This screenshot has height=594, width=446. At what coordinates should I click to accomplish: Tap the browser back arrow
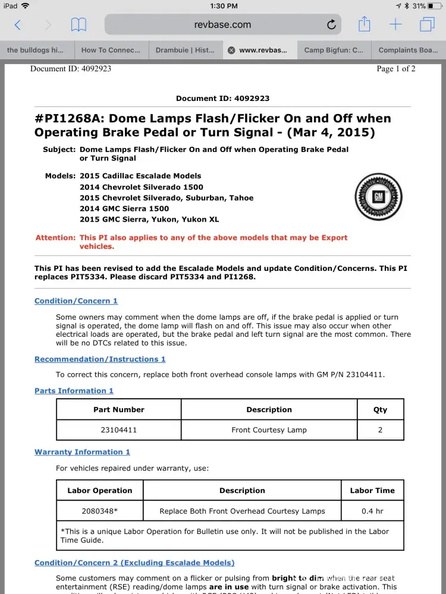(x=17, y=25)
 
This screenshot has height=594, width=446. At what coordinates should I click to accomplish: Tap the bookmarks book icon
(x=78, y=25)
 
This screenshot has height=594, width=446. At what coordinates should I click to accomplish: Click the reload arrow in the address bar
(x=331, y=25)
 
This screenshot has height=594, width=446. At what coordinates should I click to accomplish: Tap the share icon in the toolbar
(x=364, y=24)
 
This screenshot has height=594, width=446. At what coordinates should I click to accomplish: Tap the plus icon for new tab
(x=395, y=24)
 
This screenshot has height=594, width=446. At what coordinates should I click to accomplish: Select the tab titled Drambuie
(x=185, y=50)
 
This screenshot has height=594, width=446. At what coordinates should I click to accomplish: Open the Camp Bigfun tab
(x=334, y=50)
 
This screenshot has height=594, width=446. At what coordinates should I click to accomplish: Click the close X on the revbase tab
(x=231, y=50)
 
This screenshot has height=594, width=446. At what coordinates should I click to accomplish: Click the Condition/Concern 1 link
(x=76, y=301)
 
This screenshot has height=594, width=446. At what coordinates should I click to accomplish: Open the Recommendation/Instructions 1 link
(x=100, y=359)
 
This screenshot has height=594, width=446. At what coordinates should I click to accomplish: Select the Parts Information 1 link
(x=74, y=391)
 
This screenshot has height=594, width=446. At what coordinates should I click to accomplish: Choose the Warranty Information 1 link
(x=82, y=452)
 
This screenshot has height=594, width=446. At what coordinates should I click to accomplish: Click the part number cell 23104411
(x=119, y=429)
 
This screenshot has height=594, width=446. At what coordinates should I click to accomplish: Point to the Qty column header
(x=380, y=410)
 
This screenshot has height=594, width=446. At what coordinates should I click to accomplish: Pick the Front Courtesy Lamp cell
(x=269, y=429)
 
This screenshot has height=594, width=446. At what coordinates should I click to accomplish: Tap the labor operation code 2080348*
(x=100, y=511)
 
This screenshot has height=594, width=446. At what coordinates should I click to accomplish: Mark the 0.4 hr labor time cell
(x=372, y=511)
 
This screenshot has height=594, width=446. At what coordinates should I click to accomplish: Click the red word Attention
(x=56, y=238)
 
